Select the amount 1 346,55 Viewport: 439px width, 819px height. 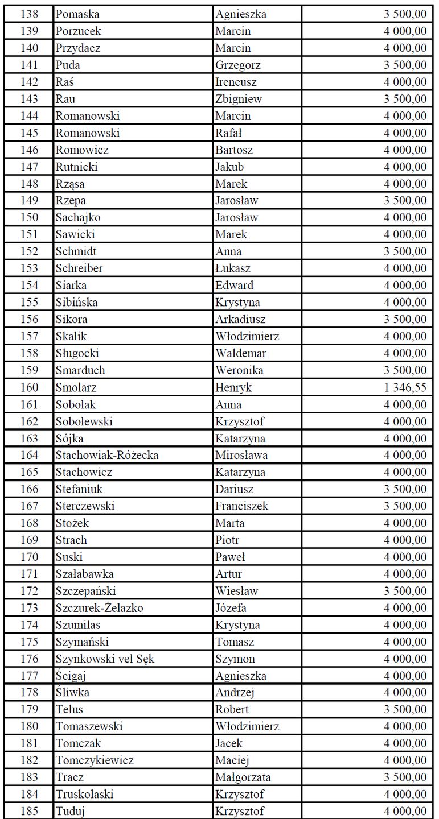(405, 388)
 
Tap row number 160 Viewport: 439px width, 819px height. (30, 388)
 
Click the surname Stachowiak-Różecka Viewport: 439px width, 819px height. (107, 456)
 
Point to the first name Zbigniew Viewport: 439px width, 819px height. (239, 99)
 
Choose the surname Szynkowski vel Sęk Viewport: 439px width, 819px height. (105, 659)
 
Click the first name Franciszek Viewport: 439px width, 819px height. (241, 506)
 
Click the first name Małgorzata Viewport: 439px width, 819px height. (243, 777)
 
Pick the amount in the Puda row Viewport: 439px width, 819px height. (405, 65)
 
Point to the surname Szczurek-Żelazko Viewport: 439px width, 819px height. (100, 608)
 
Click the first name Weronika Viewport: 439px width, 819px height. (239, 371)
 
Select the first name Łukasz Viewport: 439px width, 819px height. (232, 268)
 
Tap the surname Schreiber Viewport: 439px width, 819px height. (79, 268)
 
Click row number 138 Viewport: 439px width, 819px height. (30, 14)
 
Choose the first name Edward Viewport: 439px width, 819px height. (234, 286)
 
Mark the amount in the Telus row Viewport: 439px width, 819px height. (405, 710)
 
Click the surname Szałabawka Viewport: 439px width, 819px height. (84, 574)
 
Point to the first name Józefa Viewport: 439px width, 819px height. (231, 608)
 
